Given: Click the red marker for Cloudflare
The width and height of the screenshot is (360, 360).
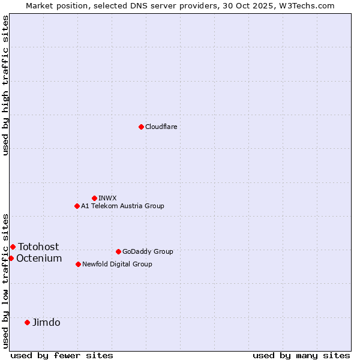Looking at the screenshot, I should pos(141,127).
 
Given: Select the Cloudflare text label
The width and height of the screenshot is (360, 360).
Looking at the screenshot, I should pos(161,127).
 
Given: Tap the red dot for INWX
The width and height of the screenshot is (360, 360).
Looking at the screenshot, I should pos(94,198).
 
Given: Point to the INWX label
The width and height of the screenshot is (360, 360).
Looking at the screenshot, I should pos(107,198).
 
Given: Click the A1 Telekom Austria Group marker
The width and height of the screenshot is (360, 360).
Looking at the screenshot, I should pos(77,206).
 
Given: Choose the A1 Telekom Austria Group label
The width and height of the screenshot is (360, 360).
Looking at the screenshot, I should pos(122,206).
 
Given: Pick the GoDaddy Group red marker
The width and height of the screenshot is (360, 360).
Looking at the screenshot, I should pos(118,251).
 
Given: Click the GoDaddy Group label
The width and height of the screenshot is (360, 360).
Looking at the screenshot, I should pos(148,251).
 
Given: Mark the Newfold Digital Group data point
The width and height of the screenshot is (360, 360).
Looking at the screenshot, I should pos(78,264).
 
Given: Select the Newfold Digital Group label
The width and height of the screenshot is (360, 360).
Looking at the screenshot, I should pos(117,264).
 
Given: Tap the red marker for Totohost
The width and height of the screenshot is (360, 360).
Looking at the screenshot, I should pos(13,247).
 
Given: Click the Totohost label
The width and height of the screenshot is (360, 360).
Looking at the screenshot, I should pos(38,247).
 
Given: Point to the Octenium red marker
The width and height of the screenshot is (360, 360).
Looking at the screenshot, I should pos(11,258).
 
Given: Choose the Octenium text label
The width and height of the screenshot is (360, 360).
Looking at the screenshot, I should pos(39,258).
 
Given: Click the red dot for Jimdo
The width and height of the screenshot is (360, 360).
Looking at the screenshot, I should pos(27,322).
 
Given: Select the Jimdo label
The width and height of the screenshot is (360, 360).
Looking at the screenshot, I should pos(46,322).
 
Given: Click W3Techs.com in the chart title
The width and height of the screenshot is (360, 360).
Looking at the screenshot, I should pos(310,5).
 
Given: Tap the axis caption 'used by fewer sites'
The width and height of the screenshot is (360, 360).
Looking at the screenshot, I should pos(62,355).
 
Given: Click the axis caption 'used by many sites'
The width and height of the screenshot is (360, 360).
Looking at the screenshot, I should pos(301,355).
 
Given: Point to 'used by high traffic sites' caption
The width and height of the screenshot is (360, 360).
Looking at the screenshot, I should pos(5,85).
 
